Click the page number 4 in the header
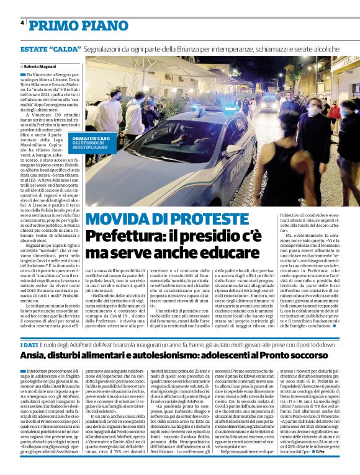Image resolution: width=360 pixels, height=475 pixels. [22, 23]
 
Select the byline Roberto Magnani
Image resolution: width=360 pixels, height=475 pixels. [40, 65]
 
